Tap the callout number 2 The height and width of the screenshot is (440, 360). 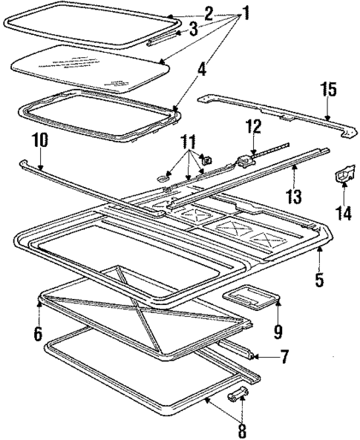point(209,13)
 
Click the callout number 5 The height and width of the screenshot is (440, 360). point(319,280)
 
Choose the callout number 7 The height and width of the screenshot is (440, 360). point(284,358)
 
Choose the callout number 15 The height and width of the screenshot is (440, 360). point(327,91)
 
